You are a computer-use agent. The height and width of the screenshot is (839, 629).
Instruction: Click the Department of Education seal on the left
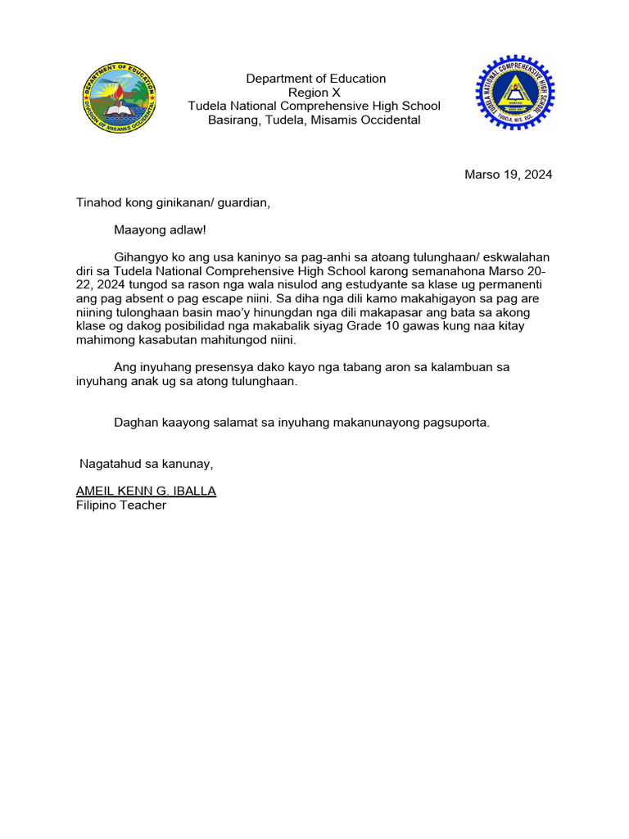pyautogui.click(x=120, y=98)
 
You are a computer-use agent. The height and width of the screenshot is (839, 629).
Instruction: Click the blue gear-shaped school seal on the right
pyautogui.click(x=515, y=94)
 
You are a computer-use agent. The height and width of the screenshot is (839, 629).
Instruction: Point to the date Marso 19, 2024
pyautogui.click(x=508, y=175)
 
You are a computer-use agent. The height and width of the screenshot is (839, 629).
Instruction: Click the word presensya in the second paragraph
pyautogui.click(x=209, y=368)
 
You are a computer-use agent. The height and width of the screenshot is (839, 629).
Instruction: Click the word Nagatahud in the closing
pyautogui.click(x=108, y=464)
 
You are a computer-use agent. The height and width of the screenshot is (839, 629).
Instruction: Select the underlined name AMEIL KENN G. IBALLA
pyautogui.click(x=146, y=491)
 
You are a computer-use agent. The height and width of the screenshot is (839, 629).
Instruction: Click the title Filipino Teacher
pyautogui.click(x=120, y=505)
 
